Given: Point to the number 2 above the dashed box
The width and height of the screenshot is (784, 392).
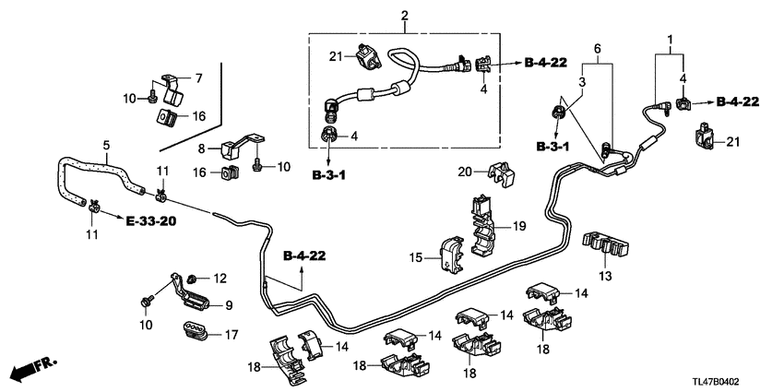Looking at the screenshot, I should pos(403,16).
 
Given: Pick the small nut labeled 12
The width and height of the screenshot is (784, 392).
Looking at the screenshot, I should pos(191,278).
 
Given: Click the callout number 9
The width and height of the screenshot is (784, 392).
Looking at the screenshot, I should pos(230,305).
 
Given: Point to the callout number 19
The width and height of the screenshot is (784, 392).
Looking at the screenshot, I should pos(519,226).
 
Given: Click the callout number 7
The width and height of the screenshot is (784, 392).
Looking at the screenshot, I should pos(196,77).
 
